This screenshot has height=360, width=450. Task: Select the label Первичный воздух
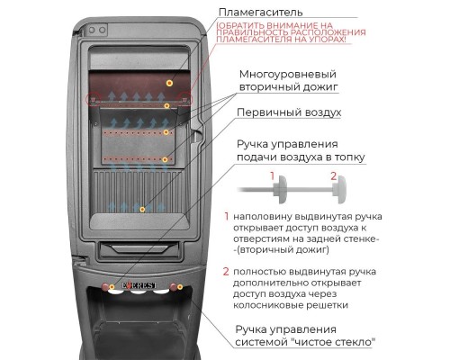pyautogui.click(x=289, y=112)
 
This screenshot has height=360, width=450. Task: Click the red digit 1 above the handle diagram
pyautogui.click(x=272, y=175)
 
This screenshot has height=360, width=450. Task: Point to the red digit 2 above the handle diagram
pyautogui.click(x=333, y=175)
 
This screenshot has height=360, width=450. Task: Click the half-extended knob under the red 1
pyautogui.click(x=280, y=190)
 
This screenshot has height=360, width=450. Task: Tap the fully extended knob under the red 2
pyautogui.click(x=339, y=190)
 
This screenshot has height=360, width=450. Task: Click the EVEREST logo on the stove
pyautogui.click(x=139, y=285)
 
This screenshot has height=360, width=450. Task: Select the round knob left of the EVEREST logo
pyautogui.click(x=105, y=287)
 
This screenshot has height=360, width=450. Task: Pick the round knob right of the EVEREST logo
pyautogui.click(x=173, y=287)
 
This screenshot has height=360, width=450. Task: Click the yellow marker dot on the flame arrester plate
pyautogui.click(x=170, y=83)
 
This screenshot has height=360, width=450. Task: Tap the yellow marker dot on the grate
pyautogui.click(x=142, y=210)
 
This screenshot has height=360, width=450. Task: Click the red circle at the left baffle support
pyautogui.click(x=92, y=99)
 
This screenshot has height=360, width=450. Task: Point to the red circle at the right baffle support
pyautogui.click(x=185, y=98)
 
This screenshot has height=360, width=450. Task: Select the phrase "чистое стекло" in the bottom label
pyautogui.click(x=334, y=342)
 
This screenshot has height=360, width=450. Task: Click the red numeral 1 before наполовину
pyautogui.click(x=227, y=216)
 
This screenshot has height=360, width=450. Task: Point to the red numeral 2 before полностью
pyautogui.click(x=226, y=272)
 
